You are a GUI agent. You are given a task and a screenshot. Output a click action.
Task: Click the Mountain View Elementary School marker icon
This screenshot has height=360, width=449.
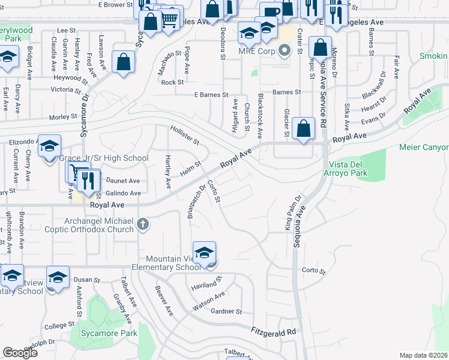(x=204, y=253)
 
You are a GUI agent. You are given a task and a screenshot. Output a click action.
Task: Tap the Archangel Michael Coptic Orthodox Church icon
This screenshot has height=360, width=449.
(x=143, y=224)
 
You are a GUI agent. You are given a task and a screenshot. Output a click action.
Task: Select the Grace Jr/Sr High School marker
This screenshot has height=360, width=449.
(x=50, y=146)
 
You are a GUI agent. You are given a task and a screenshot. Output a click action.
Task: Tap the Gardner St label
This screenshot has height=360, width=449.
(x=226, y=311)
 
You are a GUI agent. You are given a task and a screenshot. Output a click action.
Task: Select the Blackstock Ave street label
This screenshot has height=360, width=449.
(x=260, y=113)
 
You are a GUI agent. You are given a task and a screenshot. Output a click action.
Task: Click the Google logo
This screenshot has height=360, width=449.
(x=20, y=353)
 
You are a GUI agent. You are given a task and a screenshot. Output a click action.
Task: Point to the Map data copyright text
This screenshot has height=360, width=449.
(x=424, y=355)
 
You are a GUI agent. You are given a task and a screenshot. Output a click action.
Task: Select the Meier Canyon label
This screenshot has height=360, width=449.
(x=426, y=148)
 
